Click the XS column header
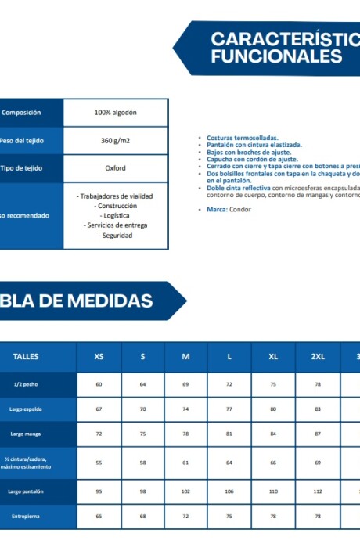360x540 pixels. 99,357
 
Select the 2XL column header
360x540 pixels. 318,357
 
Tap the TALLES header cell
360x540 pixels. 26,357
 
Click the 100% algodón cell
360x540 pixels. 115,113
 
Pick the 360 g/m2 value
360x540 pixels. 115,141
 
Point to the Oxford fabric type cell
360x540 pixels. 115,168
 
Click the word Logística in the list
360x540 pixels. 116,215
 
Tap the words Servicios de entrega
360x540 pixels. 116,225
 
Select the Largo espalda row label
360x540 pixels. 26,409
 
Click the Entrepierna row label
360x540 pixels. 26,517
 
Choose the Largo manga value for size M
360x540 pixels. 185,434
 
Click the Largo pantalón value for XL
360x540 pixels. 273,491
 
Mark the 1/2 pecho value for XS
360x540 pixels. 99,385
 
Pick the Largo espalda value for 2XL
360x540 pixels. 318,409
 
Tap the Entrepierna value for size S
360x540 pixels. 142,517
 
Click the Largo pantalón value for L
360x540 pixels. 229,491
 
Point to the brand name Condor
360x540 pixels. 240,210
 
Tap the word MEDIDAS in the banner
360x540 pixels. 110,301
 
